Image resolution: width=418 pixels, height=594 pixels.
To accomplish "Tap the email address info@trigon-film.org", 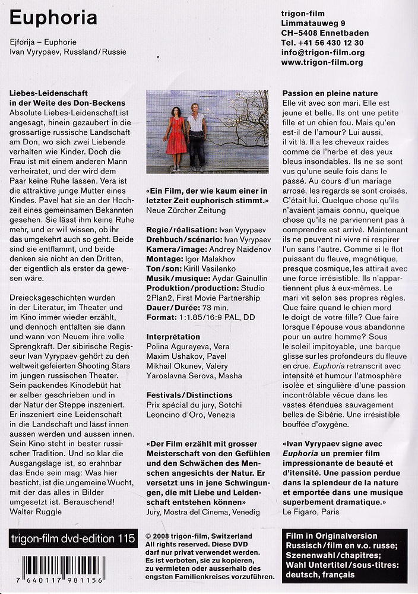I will point(323,52).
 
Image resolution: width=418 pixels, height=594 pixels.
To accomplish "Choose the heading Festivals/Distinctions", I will point(189,394).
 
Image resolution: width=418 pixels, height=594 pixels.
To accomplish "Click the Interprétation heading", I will point(174,336).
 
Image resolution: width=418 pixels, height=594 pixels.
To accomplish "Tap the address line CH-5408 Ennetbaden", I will point(325,33).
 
